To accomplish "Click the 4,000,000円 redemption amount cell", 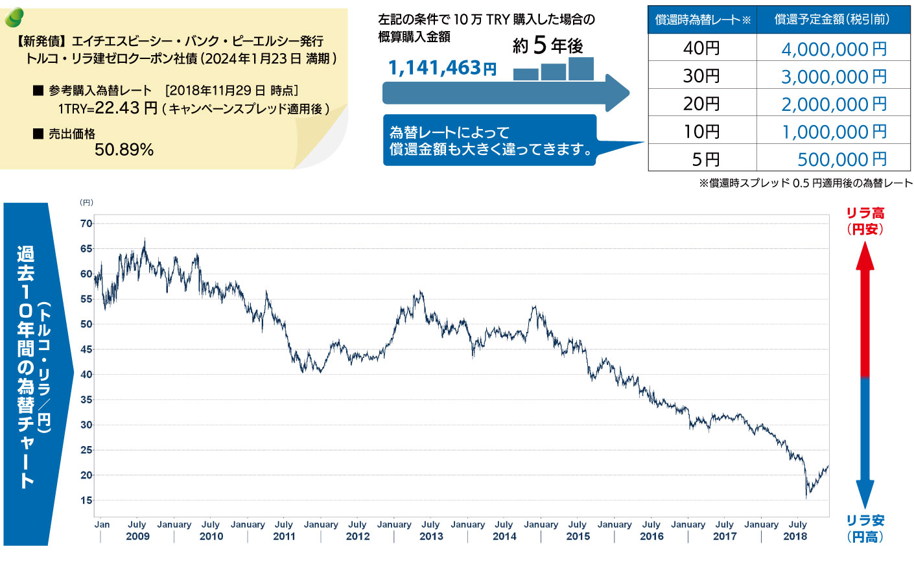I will (834, 49).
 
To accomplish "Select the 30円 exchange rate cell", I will (701, 76).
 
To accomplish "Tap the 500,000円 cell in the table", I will (841, 159).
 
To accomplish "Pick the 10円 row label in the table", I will (701, 132).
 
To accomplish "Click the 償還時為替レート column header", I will (703, 19).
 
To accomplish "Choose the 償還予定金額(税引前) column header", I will (832, 19).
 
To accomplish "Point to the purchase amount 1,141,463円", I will (442, 68).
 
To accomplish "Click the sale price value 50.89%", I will (124, 150).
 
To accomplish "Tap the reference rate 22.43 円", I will (126, 108).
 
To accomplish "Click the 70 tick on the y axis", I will (86, 224).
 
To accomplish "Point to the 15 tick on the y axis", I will (86, 501).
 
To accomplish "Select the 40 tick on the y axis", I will (86, 375).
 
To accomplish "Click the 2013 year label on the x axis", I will (431, 536).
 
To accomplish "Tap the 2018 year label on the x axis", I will (795, 536).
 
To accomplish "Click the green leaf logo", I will (14, 18).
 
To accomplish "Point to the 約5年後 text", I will (548, 45).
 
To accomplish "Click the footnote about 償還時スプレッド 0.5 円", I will (805, 183).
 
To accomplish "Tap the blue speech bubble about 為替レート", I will (489, 141).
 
